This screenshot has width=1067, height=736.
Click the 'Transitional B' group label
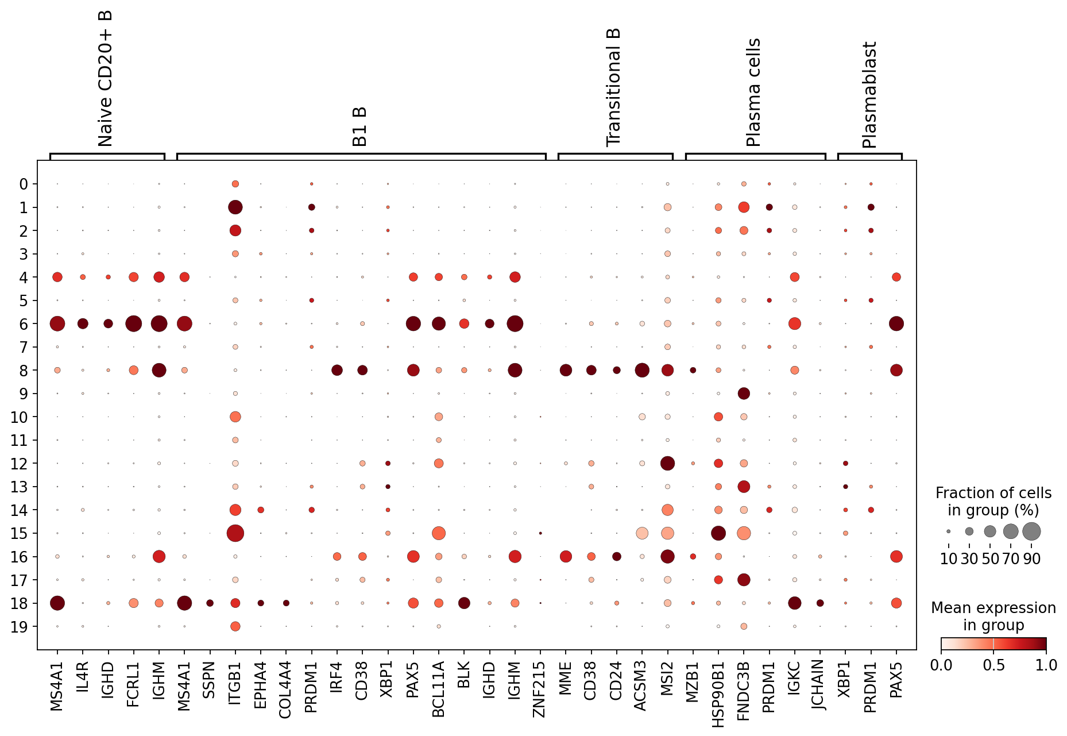614,87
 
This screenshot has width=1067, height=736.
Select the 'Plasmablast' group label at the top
869,95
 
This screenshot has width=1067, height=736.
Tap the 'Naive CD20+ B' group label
105,79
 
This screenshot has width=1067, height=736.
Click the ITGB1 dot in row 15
235,533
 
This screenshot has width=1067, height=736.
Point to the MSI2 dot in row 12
667,463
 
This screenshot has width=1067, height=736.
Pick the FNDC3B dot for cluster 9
744,394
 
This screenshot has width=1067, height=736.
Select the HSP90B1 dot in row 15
718,533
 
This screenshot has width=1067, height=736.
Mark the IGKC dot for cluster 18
794,603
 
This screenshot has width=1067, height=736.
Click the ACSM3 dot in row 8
642,370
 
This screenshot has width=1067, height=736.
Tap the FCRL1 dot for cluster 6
133,323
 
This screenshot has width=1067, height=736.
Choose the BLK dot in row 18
464,603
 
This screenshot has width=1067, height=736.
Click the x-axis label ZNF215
540,689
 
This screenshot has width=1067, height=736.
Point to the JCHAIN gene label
819,685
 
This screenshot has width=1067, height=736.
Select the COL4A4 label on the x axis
285,689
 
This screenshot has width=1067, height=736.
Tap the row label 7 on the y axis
23,347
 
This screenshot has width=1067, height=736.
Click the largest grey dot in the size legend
1031,531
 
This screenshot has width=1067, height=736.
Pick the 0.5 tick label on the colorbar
993,665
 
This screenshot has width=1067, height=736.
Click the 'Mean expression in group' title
993,616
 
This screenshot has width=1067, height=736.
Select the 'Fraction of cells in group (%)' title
993,502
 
